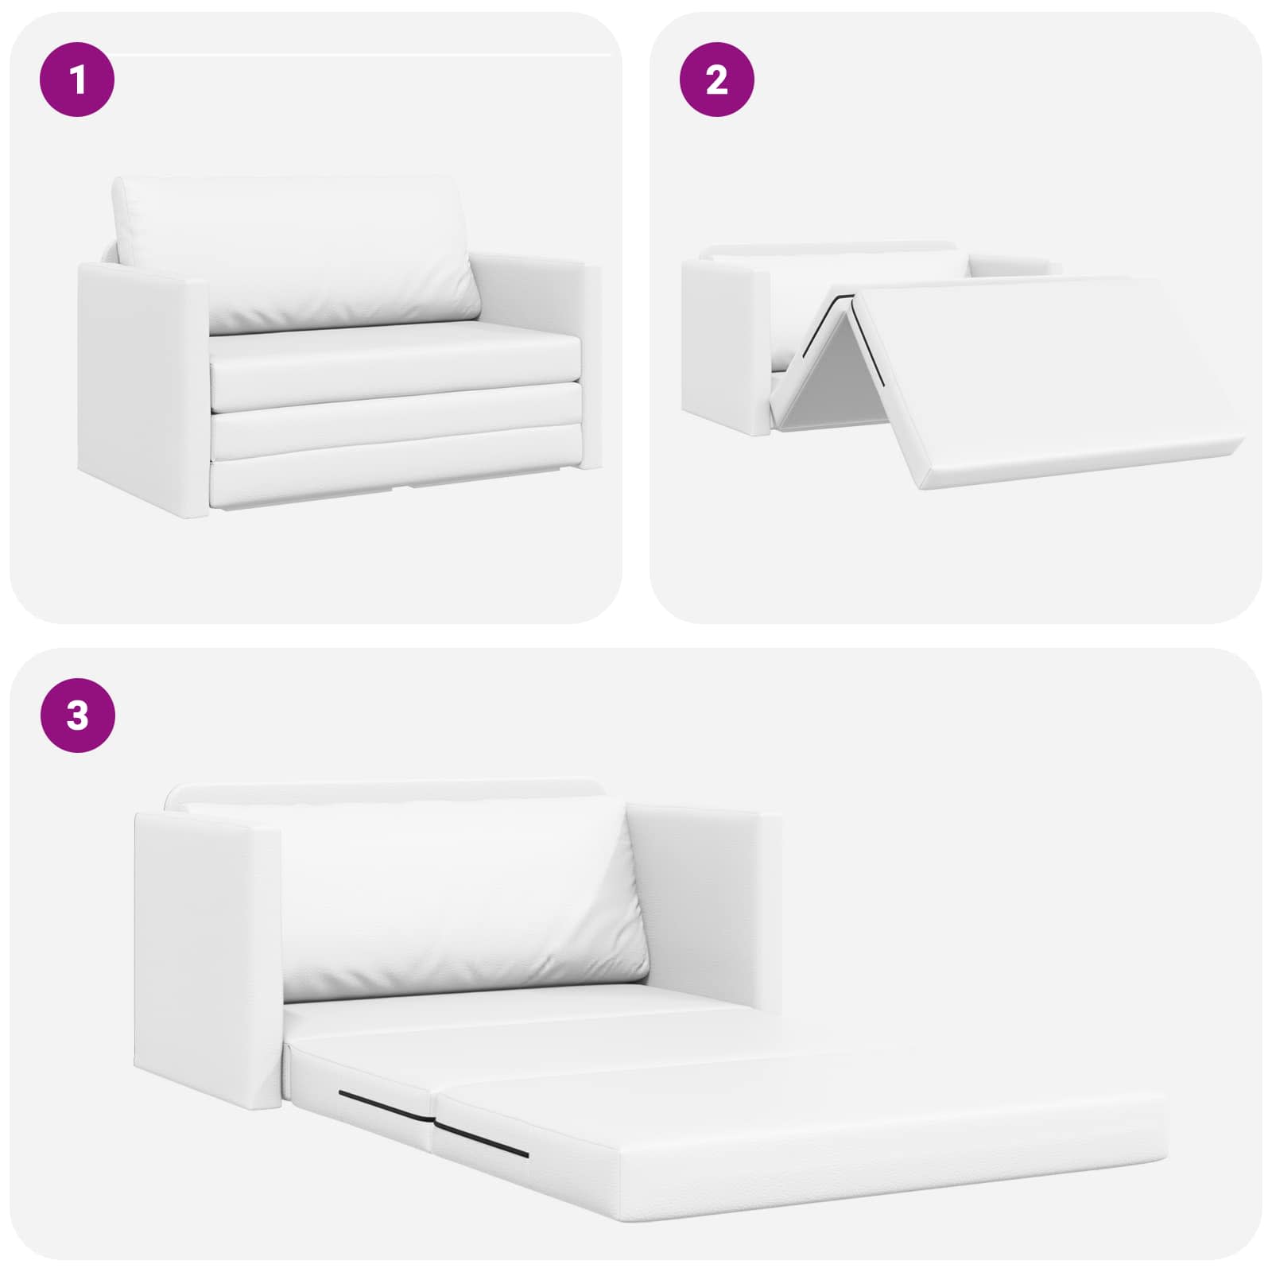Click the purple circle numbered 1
[x=77, y=79]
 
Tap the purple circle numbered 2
[x=717, y=79]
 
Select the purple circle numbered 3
[x=77, y=715]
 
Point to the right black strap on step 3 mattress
[x=482, y=1139]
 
